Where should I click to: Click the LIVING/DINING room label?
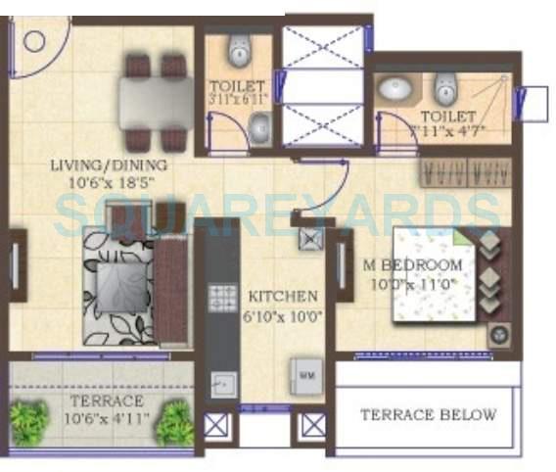click(x=109, y=165)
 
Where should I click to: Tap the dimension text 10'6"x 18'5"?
click(x=109, y=182)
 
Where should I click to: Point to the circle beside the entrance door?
click(x=35, y=41)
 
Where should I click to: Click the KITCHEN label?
click(x=282, y=296)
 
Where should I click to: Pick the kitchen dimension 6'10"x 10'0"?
click(x=282, y=314)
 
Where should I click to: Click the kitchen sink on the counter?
click(x=224, y=384)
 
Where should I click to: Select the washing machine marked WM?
click(x=305, y=375)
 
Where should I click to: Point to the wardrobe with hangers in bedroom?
click(x=456, y=172)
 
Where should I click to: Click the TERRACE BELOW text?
click(x=428, y=414)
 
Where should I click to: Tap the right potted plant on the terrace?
click(x=174, y=424)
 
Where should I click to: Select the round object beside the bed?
click(x=497, y=334)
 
